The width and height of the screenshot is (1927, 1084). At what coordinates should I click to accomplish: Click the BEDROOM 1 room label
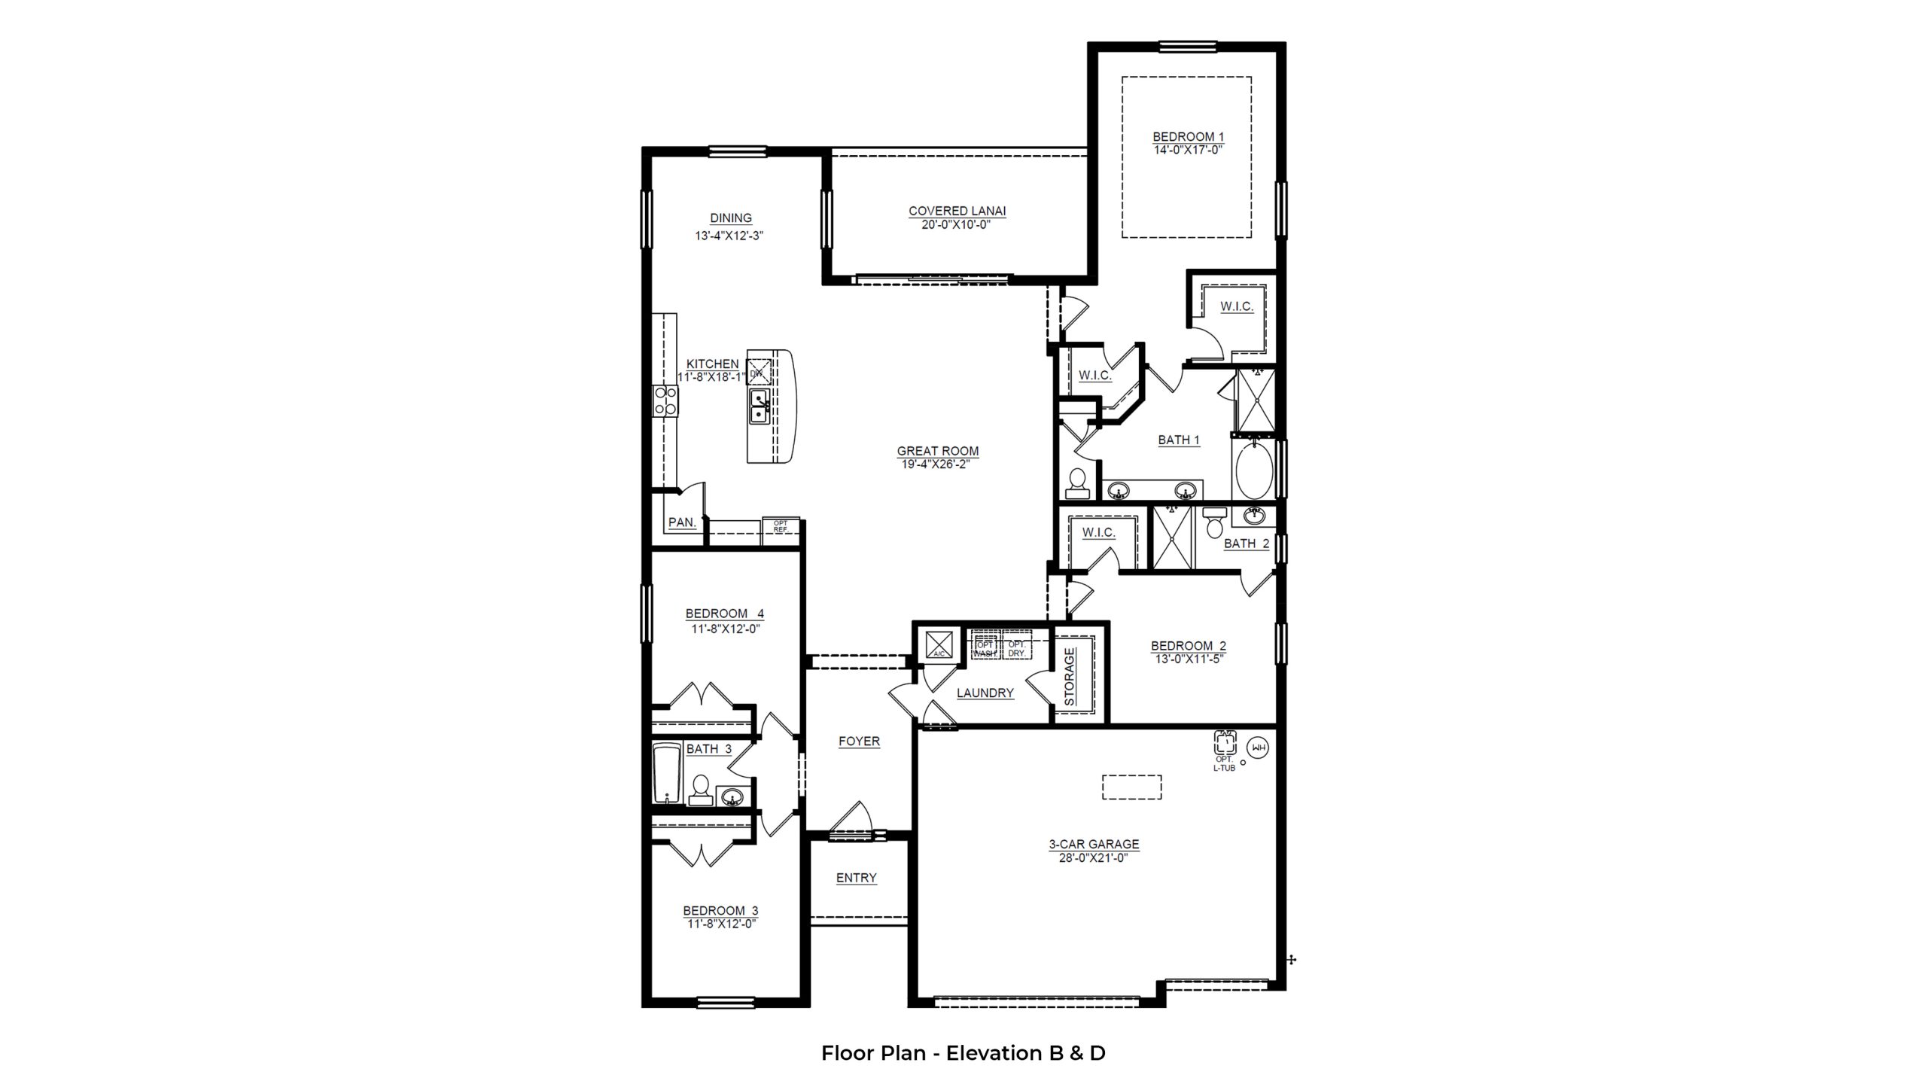1188,137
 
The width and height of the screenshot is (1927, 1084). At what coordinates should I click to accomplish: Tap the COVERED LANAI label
957,212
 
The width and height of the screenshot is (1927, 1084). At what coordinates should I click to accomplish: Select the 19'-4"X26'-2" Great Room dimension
937,464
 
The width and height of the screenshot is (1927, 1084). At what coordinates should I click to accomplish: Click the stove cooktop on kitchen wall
139,400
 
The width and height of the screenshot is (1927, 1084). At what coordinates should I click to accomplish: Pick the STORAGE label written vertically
1070,677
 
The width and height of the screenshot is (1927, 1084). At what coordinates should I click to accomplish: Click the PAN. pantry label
682,522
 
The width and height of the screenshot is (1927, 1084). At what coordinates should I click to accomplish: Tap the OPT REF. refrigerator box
780,526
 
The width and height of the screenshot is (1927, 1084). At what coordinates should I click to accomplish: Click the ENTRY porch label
856,878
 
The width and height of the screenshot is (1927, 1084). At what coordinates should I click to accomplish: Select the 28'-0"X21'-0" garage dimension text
1094,857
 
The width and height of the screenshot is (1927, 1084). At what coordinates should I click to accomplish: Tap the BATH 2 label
1247,544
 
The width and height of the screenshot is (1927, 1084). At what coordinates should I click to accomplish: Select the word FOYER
859,741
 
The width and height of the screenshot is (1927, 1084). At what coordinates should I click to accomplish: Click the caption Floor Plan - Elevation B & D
963,1052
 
